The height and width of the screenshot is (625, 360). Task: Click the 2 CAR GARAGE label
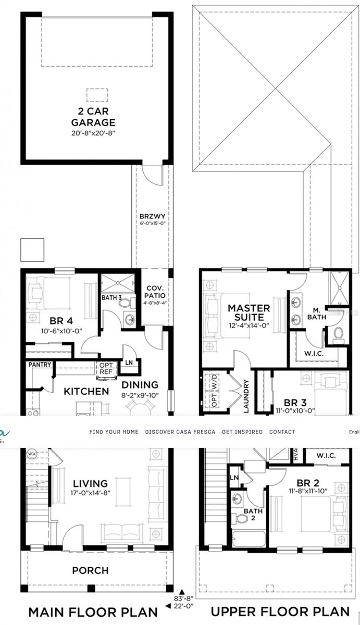(x=93, y=117)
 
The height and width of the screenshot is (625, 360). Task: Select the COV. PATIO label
(x=155, y=292)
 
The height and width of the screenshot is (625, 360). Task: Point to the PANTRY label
(x=40, y=365)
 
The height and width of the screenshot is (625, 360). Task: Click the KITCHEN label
(x=86, y=391)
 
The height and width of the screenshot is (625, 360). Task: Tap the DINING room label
(x=140, y=385)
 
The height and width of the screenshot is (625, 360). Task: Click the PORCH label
(x=90, y=570)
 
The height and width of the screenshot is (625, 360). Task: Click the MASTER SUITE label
(x=249, y=312)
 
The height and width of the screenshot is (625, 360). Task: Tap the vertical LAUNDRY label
(x=246, y=396)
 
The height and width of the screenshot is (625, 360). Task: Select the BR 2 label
(x=312, y=482)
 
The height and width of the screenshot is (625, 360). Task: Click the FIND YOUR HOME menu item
(x=114, y=432)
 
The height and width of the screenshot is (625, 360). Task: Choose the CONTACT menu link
(x=282, y=432)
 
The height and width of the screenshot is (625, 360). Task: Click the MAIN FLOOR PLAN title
(x=93, y=611)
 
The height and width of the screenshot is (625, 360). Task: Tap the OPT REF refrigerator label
(x=105, y=368)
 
